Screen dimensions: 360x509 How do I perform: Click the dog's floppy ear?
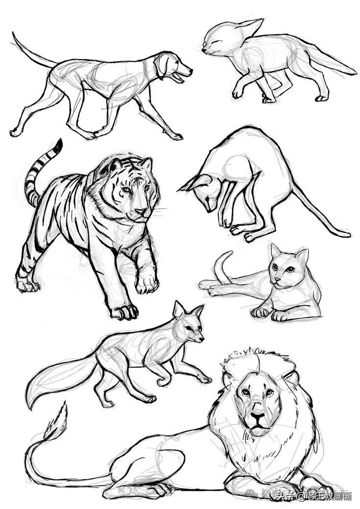point(161,66)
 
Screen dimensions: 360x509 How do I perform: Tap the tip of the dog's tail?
point(13,33)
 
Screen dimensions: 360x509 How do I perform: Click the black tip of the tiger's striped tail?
point(59,145)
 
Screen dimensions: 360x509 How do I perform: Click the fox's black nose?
point(202,339)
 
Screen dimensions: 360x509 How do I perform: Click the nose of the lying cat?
point(276,279)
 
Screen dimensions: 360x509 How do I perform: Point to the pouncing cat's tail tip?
point(347,234)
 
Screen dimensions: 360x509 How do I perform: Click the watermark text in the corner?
point(314,496)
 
